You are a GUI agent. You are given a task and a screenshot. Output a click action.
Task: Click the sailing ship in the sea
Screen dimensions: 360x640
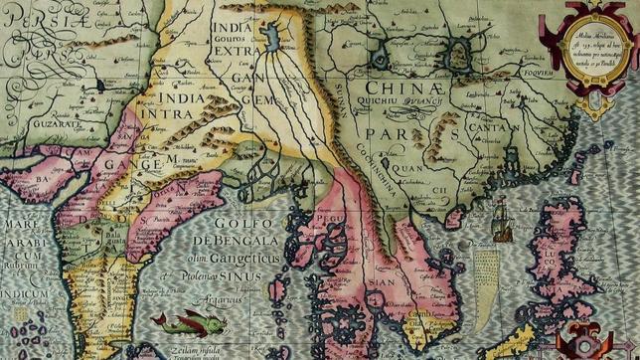pyautogui.click(x=500, y=218)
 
